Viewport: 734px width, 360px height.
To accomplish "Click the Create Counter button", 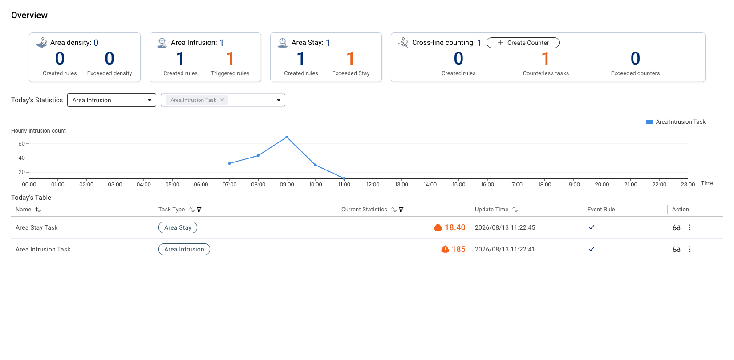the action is pos(523,43).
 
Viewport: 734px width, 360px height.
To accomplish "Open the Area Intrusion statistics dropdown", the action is pos(111,100).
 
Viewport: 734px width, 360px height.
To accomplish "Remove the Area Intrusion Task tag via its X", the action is pos(222,100).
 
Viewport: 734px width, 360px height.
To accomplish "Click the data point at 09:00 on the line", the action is pos(287,137).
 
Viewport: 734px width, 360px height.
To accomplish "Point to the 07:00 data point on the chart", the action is pos(229,163).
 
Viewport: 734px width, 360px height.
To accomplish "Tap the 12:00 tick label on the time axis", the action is pos(373,185).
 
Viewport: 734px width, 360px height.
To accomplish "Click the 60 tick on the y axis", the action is pos(22,144).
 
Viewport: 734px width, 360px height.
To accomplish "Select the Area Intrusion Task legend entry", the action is pos(676,122).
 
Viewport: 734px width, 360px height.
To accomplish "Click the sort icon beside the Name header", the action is pos(38,210).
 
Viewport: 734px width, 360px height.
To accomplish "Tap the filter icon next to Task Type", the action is pos(199,210).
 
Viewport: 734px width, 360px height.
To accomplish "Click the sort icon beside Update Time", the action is pos(515,210).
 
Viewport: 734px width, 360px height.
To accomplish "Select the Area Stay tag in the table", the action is pos(178,228).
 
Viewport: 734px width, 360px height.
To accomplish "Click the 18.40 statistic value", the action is pos(455,228).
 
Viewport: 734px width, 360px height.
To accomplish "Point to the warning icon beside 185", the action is pos(445,249).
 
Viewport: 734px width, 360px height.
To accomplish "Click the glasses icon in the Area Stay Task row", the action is pos(676,228).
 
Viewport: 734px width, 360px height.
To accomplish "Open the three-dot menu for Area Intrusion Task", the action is pos(690,249).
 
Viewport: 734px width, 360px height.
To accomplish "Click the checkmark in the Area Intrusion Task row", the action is pos(592,249).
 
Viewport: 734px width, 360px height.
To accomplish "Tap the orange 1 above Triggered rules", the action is pos(230,59).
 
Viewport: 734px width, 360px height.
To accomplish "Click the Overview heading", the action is pos(29,16).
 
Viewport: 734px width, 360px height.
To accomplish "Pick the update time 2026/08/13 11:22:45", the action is pos(505,228).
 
